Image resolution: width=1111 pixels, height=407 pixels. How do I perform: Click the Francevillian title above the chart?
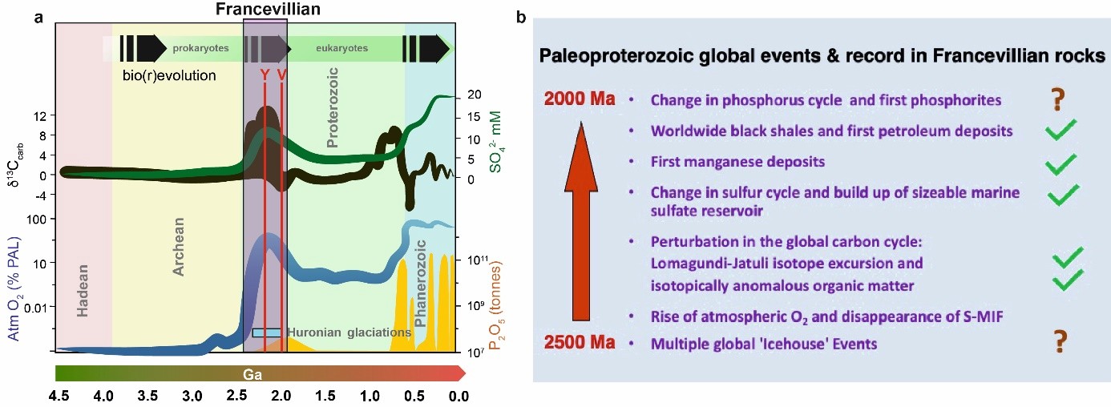click(264, 10)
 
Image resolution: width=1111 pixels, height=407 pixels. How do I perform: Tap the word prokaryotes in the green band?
click(201, 49)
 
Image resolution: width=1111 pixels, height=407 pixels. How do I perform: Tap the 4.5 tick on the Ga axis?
click(59, 395)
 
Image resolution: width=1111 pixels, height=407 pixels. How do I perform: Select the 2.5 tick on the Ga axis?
click(236, 395)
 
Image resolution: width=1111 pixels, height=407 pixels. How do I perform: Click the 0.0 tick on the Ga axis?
click(458, 395)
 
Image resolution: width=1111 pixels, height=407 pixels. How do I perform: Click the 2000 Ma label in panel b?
click(579, 100)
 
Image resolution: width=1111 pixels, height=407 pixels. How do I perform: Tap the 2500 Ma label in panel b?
click(579, 344)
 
